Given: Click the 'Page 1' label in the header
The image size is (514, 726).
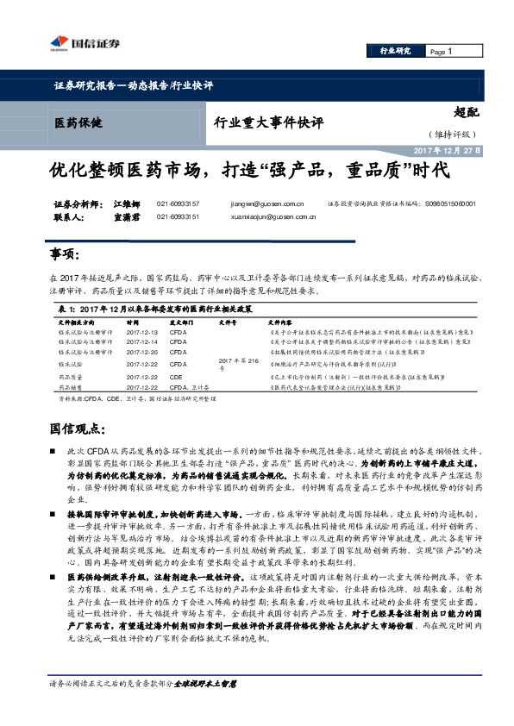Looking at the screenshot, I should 441,52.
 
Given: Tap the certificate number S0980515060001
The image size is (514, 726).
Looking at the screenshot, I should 450,204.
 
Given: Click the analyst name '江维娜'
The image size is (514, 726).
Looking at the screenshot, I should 126,204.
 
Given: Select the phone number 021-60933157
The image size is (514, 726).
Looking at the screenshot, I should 179,204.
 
